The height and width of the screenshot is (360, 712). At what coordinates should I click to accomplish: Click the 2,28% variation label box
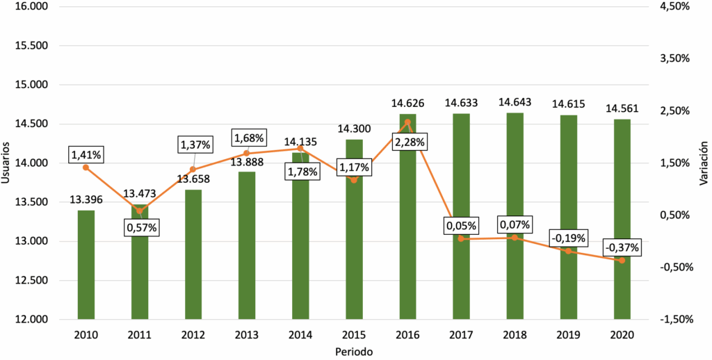pyautogui.click(x=410, y=142)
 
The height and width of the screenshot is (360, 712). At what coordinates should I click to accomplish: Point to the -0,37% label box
pyautogui.click(x=622, y=247)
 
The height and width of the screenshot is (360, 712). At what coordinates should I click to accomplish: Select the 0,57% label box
pyautogui.click(x=141, y=227)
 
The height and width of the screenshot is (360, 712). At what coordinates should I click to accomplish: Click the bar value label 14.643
pyautogui.click(x=515, y=102)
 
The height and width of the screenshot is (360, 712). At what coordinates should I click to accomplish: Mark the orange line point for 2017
pyautogui.click(x=461, y=239)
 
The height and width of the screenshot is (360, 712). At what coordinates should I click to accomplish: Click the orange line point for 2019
pyautogui.click(x=568, y=251)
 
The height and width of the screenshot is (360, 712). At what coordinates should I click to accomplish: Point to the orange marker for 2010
pyautogui.click(x=86, y=167)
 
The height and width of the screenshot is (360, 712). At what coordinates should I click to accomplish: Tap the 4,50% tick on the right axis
pyautogui.click(x=675, y=6)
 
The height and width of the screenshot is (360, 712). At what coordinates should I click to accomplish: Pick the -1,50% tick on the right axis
pyautogui.click(x=674, y=320)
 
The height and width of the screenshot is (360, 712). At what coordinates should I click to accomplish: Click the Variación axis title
pyautogui.click(x=703, y=163)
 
